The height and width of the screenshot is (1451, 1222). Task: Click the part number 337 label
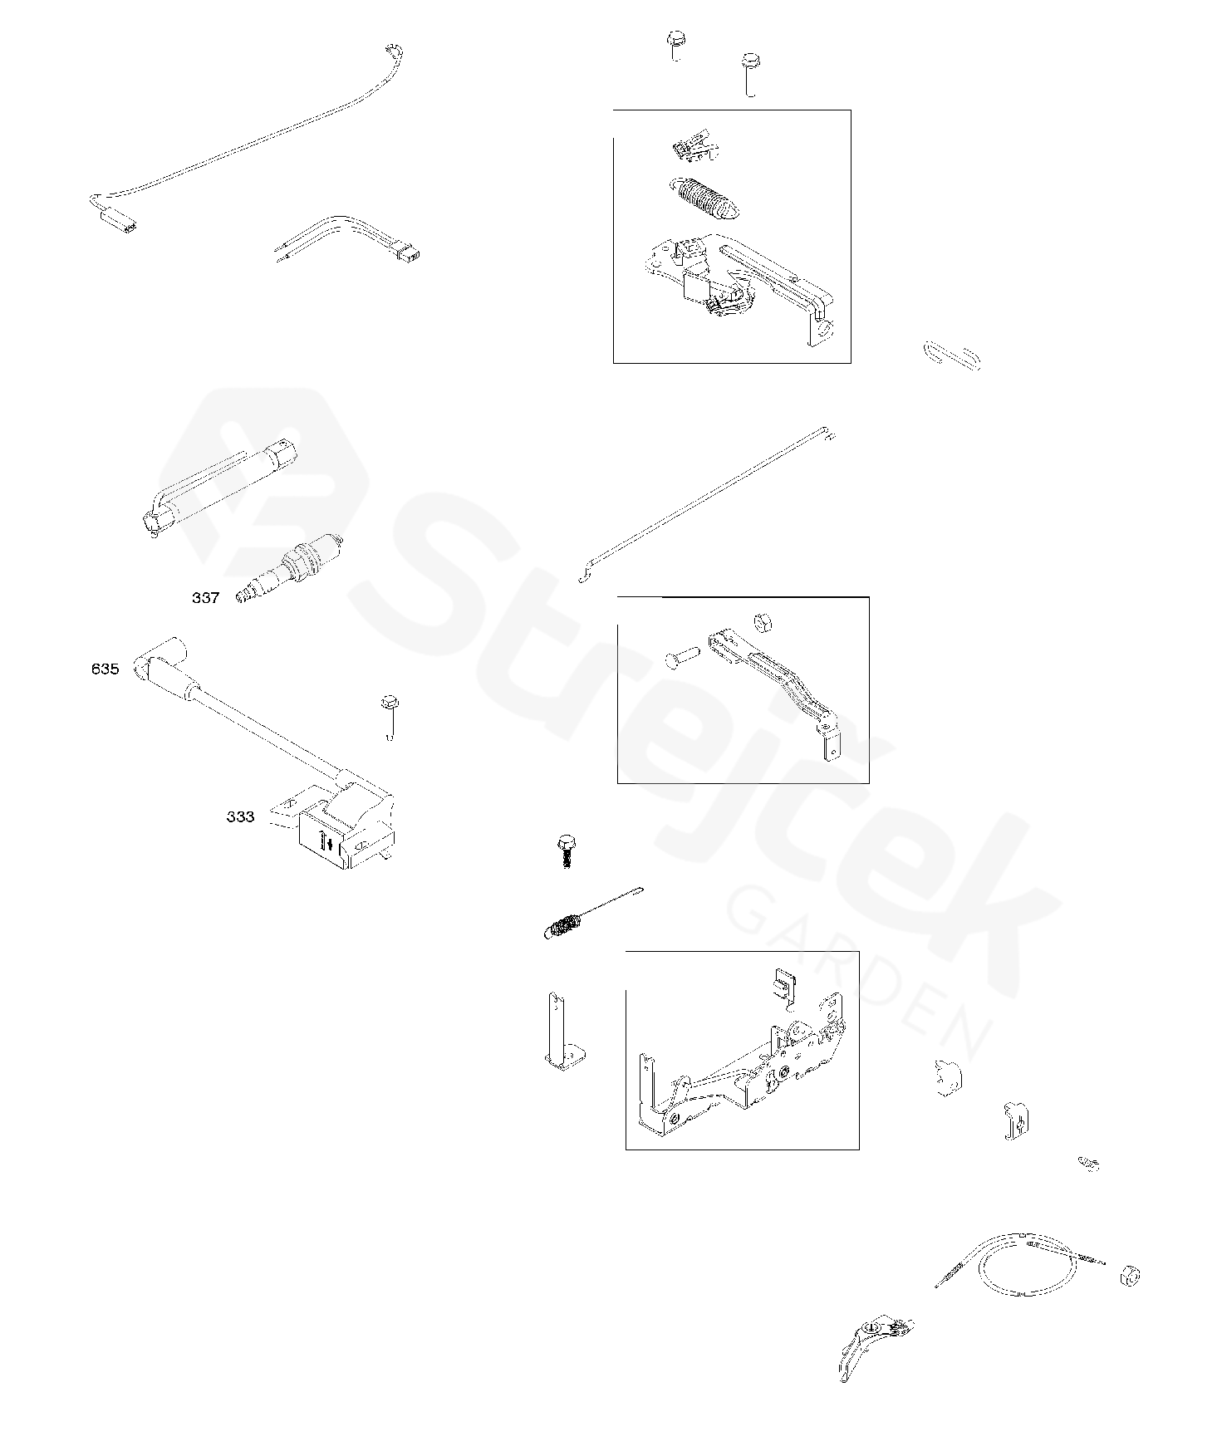click(x=205, y=598)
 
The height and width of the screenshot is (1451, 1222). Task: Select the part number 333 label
click(x=240, y=817)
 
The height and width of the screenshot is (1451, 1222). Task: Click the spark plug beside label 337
click(x=290, y=571)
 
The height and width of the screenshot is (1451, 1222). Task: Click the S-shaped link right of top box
click(x=952, y=354)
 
